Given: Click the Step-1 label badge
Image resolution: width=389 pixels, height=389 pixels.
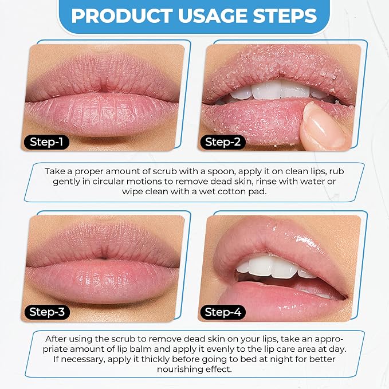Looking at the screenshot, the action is pos(46,142).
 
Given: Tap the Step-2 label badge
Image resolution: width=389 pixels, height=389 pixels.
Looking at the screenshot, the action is pos(222,142).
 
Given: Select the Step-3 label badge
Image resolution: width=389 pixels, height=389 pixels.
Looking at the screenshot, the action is pos(47,312).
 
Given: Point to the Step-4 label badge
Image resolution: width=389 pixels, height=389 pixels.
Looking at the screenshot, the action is pos(222,312).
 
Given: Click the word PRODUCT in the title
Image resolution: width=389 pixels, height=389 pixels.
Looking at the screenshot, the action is pos(122,15).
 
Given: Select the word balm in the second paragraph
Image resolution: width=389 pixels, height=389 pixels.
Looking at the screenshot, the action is pos(140,349).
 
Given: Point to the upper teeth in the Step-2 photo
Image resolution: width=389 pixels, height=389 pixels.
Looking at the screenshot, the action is pos(278,91).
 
